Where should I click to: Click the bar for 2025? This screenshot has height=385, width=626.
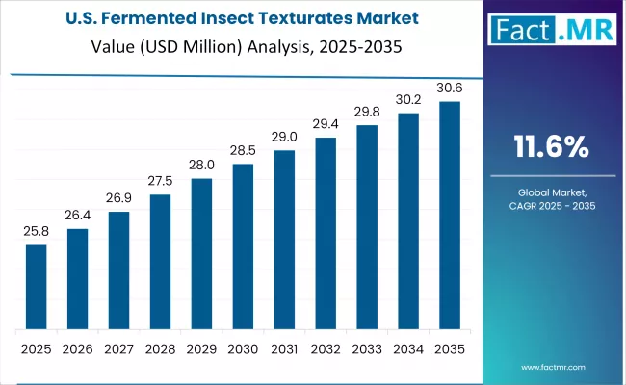click(x=36, y=286)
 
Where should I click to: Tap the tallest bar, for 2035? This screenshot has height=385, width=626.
click(x=450, y=215)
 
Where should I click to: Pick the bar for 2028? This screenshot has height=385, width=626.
click(x=160, y=261)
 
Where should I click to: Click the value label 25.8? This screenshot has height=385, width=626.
click(x=36, y=232)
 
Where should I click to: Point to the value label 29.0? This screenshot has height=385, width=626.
click(x=284, y=138)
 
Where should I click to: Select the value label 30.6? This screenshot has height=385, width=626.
click(x=450, y=89)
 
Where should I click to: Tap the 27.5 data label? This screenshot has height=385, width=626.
click(x=160, y=182)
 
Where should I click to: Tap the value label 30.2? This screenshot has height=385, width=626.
click(x=408, y=100)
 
